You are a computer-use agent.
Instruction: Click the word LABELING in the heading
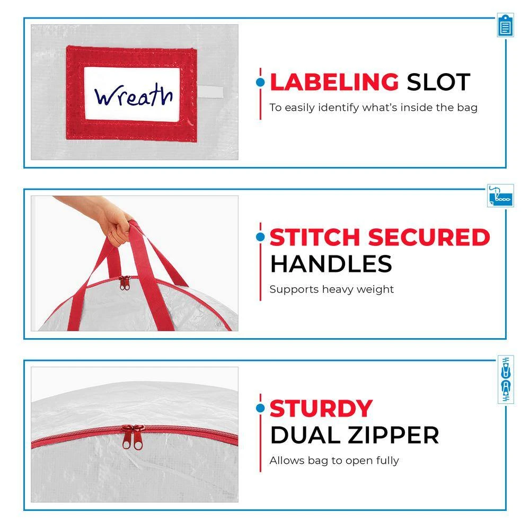click(x=334, y=82)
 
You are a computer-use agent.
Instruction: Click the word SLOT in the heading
click(x=438, y=82)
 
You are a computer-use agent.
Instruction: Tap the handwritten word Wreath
click(x=134, y=95)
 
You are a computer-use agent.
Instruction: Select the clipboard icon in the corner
click(x=505, y=25)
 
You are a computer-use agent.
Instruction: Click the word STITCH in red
click(x=315, y=237)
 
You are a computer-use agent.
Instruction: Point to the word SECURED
click(x=429, y=237)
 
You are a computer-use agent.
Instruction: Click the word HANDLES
click(x=331, y=264)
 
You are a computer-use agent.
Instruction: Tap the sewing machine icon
click(x=501, y=196)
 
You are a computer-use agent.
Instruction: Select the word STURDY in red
click(x=321, y=409)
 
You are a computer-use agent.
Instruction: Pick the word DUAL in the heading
click(x=306, y=435)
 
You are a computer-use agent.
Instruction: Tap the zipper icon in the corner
click(x=506, y=379)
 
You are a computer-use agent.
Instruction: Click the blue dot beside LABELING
click(x=260, y=82)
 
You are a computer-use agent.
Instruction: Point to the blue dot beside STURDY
click(x=260, y=408)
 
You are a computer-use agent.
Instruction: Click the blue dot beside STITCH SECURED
click(x=260, y=237)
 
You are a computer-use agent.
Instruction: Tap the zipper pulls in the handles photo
click(x=125, y=282)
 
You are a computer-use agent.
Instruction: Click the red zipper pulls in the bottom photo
click(x=133, y=437)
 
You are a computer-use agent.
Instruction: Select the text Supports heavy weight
click(x=332, y=290)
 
